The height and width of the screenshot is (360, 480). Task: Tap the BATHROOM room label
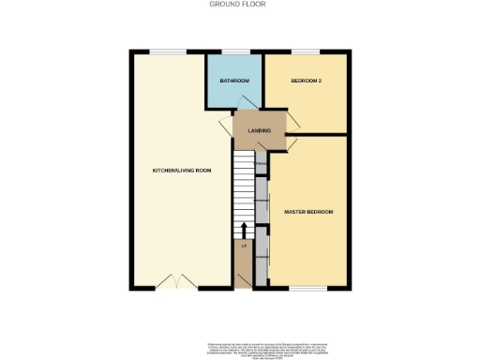[x=234, y=82]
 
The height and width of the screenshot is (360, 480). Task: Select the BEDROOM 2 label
[x=306, y=82]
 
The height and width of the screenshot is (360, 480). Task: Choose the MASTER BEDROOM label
[x=308, y=212]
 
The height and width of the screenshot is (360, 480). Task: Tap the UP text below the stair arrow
[x=244, y=246]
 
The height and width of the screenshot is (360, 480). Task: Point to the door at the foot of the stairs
[x=244, y=277]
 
